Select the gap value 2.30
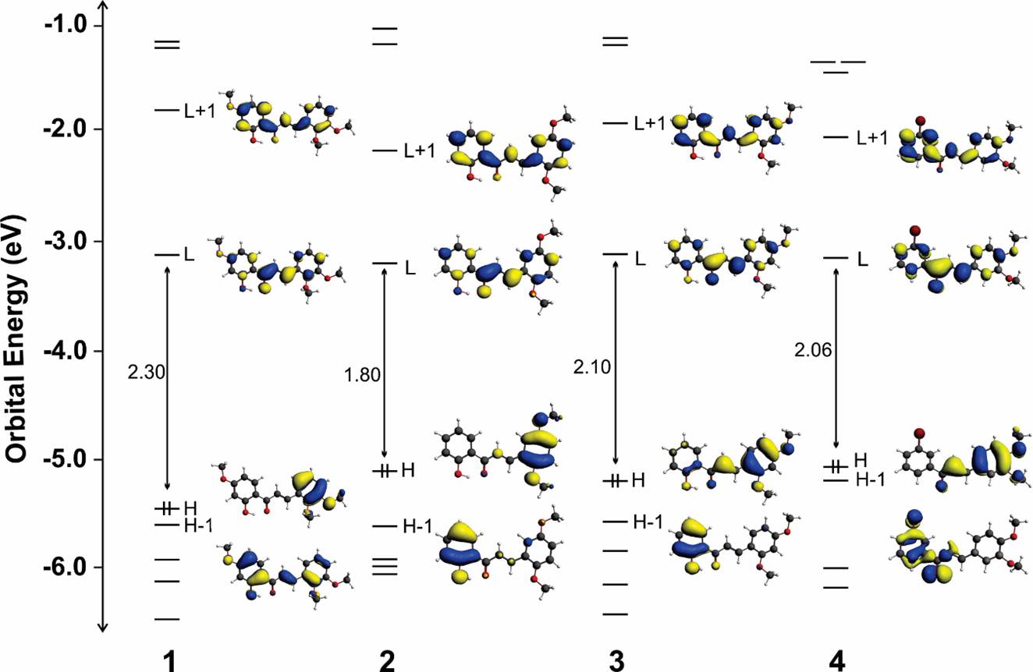pyautogui.click(x=145, y=373)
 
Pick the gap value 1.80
pyautogui.click(x=362, y=375)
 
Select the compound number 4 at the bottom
pyautogui.click(x=837, y=660)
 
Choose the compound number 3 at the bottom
pyautogui.click(x=618, y=660)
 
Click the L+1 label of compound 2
pyautogui.click(x=419, y=151)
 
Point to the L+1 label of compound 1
pyautogui.click(x=200, y=111)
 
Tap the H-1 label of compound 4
pyautogui.click(x=871, y=480)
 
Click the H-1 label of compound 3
pyautogui.click(x=648, y=522)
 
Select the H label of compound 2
pyautogui.click(x=408, y=470)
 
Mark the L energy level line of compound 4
pyautogui.click(x=836, y=257)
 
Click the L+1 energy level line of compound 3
pyautogui.click(x=616, y=122)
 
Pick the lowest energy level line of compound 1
pyautogui.click(x=167, y=619)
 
